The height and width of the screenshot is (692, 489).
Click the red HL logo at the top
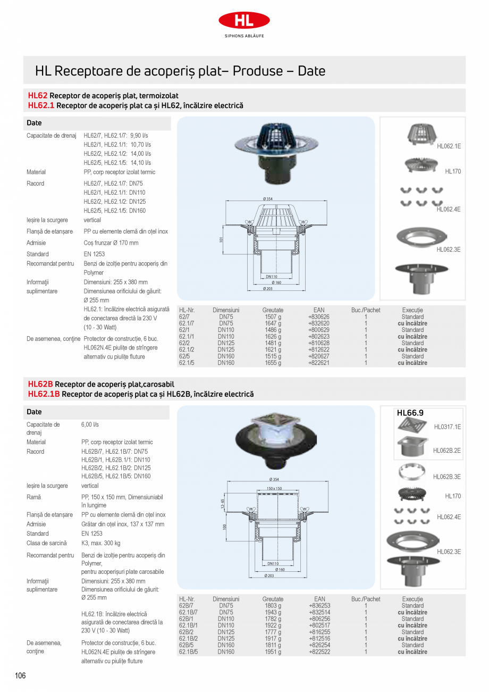244,20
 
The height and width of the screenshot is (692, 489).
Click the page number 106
20,676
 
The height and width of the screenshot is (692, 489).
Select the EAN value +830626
319,316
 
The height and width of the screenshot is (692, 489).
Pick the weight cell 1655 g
273,363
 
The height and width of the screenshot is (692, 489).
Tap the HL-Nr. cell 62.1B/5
188,652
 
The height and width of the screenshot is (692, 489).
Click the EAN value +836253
319,605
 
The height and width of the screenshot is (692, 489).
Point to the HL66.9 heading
410,412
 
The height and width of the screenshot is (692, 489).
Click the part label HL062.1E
449,146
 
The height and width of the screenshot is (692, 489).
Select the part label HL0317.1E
447,427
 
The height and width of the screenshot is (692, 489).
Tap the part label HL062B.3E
446,477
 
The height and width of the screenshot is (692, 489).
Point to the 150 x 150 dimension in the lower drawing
274,488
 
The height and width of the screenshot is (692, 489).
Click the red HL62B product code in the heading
40,384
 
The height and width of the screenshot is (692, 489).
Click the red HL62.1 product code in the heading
41,105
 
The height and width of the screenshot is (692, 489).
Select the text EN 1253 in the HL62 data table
96,254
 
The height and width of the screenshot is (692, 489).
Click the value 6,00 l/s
90,425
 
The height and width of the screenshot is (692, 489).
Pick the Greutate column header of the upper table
273,310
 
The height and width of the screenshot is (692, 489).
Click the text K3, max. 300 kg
100,543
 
